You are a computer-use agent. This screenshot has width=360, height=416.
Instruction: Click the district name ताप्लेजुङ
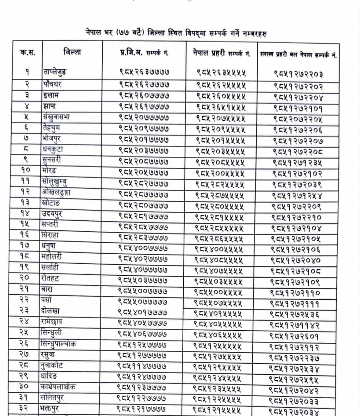point(55,72)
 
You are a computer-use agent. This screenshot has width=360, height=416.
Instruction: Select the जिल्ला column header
point(72,52)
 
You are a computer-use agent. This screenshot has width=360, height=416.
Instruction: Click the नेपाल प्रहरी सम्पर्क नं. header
point(221,53)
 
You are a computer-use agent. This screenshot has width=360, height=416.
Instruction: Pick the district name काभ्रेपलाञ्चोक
point(58,387)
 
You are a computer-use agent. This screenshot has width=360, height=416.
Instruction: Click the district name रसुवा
point(48,354)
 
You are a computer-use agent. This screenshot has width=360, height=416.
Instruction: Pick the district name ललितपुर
point(52,397)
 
